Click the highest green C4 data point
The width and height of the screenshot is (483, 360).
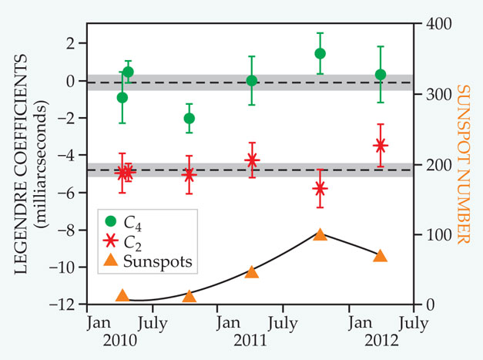pyautogui.click(x=320, y=53)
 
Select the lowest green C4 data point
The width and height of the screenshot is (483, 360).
pyautogui.click(x=189, y=118)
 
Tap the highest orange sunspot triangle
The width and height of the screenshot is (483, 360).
pyautogui.click(x=320, y=234)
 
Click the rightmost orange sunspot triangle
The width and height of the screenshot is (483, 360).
pyautogui.click(x=380, y=255)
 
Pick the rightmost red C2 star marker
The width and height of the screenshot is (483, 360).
pyautogui.click(x=380, y=145)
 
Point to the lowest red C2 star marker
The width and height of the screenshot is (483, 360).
pyautogui.click(x=320, y=189)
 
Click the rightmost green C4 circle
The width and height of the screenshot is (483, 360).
pyautogui.click(x=380, y=75)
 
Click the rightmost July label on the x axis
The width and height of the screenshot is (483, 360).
pyautogui.click(x=414, y=321)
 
